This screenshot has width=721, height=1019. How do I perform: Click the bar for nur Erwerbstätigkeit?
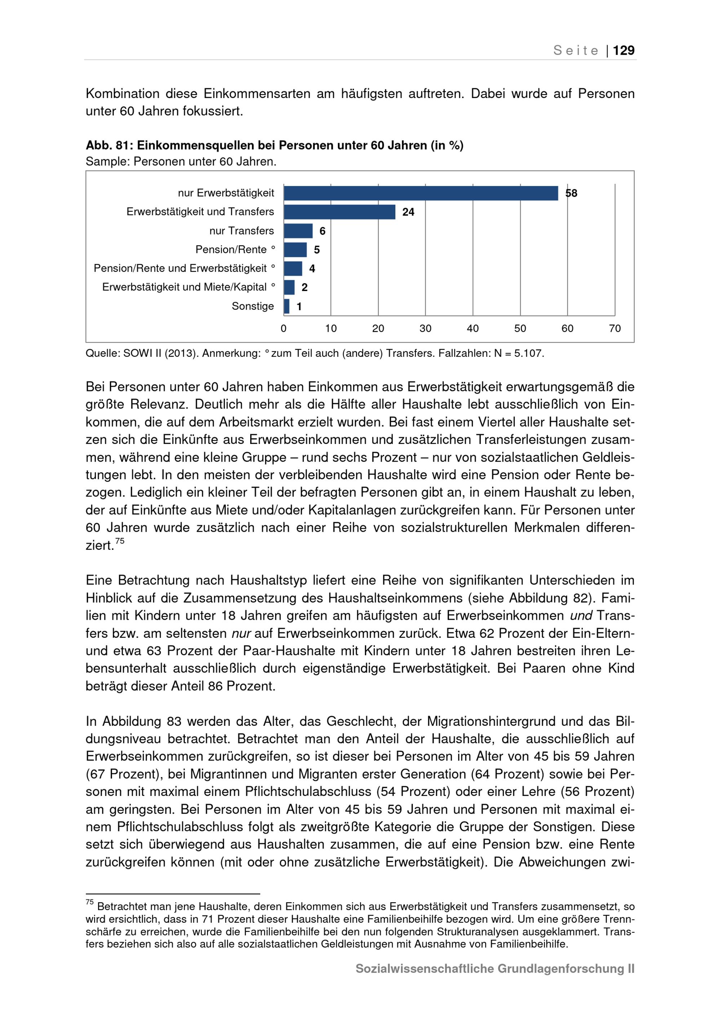[x=420, y=193]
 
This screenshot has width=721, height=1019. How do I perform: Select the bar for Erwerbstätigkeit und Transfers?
[x=339, y=212]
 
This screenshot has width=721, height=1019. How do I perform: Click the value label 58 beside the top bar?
[x=571, y=193]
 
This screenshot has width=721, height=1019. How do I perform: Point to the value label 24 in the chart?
[x=408, y=212]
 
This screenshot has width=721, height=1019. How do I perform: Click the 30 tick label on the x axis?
[x=425, y=328]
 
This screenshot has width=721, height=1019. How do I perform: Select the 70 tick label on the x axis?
[x=614, y=328]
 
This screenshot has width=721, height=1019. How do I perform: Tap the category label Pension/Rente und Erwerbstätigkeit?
[x=180, y=268]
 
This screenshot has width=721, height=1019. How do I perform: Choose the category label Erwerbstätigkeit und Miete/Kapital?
[x=184, y=287]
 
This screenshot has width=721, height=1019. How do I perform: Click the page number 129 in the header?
[x=623, y=50]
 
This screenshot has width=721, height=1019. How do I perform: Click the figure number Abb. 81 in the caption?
[x=109, y=146]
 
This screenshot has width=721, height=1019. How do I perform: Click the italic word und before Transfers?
[x=581, y=615]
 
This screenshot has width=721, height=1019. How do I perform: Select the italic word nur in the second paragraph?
[x=242, y=633]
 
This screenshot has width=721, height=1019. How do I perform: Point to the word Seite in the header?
[x=576, y=50]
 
